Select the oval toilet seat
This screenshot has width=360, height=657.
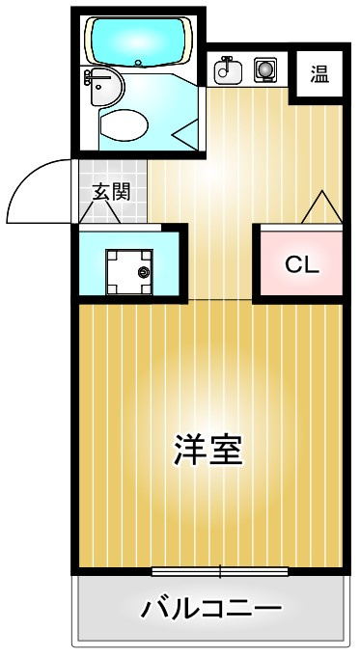pyautogui.click(x=124, y=124)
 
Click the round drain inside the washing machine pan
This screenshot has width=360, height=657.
pyautogui.click(x=145, y=272)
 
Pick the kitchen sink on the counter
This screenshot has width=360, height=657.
pyautogui.click(x=229, y=68)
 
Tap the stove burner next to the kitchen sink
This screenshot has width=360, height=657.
pyautogui.click(x=265, y=68)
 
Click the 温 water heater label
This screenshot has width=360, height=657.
pyautogui.click(x=319, y=73)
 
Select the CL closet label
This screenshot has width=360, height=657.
pyautogui.click(x=300, y=263)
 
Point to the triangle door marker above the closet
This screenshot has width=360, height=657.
pyautogui.click(x=321, y=206)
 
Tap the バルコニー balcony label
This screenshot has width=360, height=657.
pyautogui.click(x=211, y=609)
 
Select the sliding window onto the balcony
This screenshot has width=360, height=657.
pyautogui.click(x=220, y=571)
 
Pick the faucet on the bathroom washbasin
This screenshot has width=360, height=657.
pyautogui.click(x=90, y=74)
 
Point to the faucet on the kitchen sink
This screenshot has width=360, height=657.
pyautogui.click(x=226, y=61)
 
